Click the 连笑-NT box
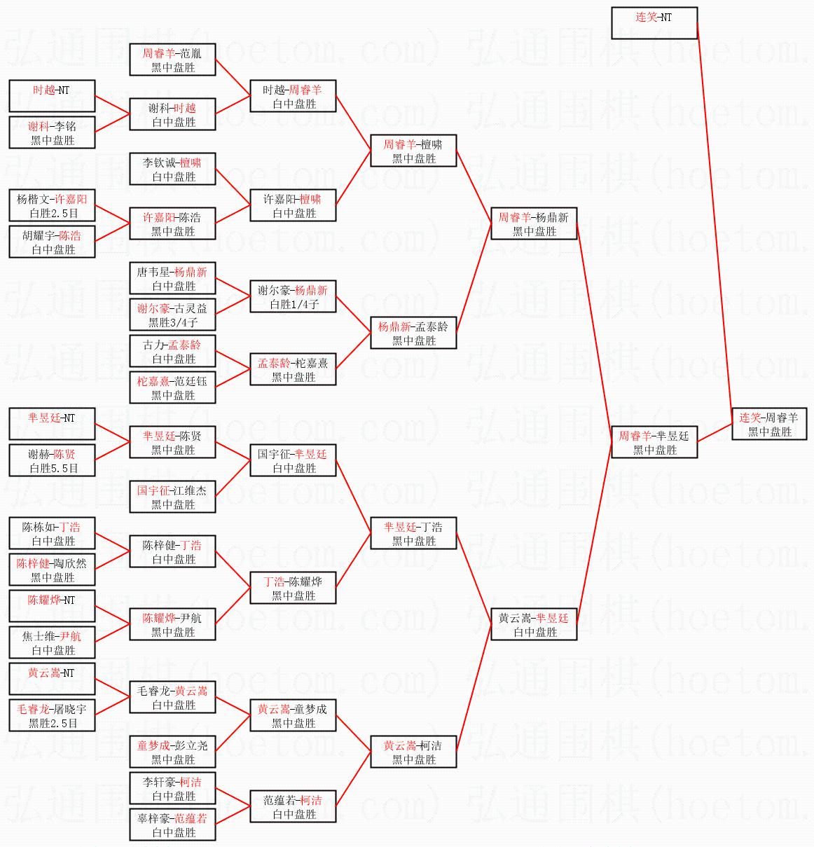point(654,23)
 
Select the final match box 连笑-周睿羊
point(769,425)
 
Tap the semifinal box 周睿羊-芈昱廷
point(654,443)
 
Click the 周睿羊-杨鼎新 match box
point(534,224)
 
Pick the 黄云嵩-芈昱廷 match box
point(534,625)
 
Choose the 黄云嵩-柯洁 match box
point(413,752)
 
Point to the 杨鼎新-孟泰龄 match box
point(413,333)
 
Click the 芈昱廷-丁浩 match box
point(413,534)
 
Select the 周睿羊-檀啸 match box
point(413,151)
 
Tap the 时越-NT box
point(52,96)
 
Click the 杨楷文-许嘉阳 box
point(52,206)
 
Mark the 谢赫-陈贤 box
point(52,461)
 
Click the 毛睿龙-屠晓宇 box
point(52,716)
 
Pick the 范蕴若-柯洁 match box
point(293,807)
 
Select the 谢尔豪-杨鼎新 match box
point(293,297)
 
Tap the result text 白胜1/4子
point(293,305)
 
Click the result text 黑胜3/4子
point(172,323)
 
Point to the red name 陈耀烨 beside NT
point(43,600)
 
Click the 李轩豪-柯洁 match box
point(172,789)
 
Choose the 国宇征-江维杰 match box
point(172,497)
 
